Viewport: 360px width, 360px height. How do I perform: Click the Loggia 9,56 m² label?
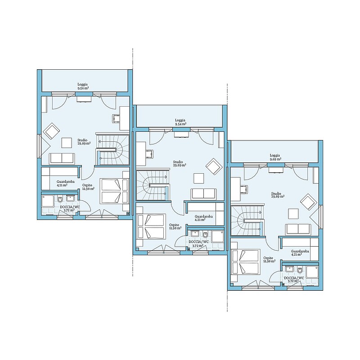(x=82, y=86)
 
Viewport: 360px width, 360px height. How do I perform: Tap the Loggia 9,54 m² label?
(x=180, y=122)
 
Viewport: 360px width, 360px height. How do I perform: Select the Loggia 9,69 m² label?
(x=275, y=157)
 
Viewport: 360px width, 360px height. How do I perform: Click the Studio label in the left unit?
(x=82, y=140)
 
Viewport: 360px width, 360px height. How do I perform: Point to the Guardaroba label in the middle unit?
(x=203, y=216)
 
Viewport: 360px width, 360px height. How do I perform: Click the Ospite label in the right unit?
(x=268, y=258)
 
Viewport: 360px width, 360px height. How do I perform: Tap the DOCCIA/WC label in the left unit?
(x=70, y=207)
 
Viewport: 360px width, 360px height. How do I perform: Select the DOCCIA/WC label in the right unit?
(x=294, y=278)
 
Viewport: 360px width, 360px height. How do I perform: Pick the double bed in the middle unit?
(x=151, y=227)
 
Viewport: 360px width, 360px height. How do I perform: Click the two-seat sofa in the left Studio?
(x=62, y=158)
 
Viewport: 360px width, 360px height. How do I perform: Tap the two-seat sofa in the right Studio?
(x=298, y=229)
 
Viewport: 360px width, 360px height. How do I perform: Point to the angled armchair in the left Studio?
(x=51, y=131)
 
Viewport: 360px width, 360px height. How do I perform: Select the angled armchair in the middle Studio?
(x=214, y=166)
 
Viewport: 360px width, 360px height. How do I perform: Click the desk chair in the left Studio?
(x=116, y=119)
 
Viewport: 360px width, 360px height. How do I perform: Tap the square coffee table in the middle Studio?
(x=198, y=178)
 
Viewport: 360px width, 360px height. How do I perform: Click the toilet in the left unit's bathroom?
(x=60, y=199)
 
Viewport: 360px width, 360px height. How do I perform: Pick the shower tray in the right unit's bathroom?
(x=312, y=272)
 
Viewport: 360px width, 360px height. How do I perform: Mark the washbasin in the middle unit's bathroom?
(x=195, y=234)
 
